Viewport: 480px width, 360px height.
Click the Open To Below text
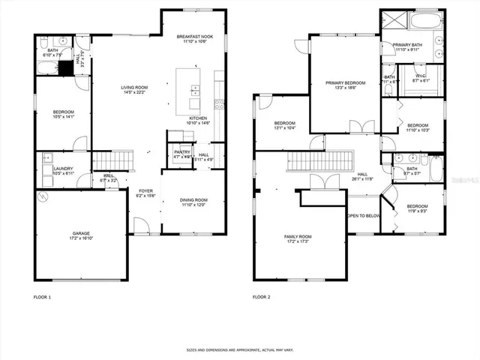coord(363,216)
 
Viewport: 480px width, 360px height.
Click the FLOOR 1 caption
coord(43,298)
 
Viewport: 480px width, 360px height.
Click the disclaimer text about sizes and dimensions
coord(239,349)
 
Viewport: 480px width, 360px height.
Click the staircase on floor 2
coord(319,160)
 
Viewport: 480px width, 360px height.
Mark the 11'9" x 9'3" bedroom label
coord(417,208)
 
